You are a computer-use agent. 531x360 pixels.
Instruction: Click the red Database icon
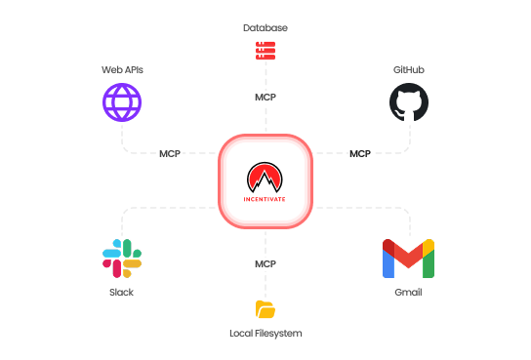[x=265, y=50]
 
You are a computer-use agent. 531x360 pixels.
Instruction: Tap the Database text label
[x=265, y=27]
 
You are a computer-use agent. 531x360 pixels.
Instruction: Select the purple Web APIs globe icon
[x=122, y=102]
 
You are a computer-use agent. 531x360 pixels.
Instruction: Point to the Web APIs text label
[x=122, y=69]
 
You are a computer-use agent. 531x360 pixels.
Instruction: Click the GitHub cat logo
[x=409, y=102]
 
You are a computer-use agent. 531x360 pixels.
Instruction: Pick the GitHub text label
[x=409, y=69]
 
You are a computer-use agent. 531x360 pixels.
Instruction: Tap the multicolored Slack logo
[x=122, y=259]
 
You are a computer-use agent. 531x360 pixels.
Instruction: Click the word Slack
[x=122, y=292]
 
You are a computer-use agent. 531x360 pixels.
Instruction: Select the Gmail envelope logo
[x=408, y=259]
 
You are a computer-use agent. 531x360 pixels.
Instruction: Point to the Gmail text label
[x=408, y=292]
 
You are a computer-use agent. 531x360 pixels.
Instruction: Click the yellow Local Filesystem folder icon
[x=265, y=309]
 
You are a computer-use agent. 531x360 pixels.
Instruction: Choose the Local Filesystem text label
[x=265, y=334]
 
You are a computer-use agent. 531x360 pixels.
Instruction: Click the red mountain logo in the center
[x=265, y=178]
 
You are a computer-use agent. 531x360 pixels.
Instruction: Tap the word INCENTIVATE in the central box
[x=265, y=199]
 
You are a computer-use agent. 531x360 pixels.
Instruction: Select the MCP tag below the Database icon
[x=265, y=98]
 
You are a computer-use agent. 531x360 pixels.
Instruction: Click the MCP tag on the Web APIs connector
[x=170, y=153]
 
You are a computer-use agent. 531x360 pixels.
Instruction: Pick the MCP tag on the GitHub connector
[x=360, y=153]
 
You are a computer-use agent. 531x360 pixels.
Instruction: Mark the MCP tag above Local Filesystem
[x=265, y=263]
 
